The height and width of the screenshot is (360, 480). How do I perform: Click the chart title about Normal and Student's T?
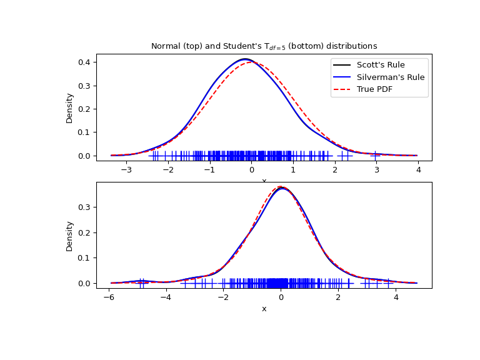tap(264, 46)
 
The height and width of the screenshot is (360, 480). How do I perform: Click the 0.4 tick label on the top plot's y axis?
tap(84, 62)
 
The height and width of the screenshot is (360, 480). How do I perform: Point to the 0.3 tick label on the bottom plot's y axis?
tap(84, 207)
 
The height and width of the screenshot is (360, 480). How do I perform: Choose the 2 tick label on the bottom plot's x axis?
tap(339, 297)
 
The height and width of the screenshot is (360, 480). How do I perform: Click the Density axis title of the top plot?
tap(70, 107)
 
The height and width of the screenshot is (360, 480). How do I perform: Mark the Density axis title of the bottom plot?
tap(70, 236)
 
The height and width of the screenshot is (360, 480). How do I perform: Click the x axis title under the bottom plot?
tap(264, 309)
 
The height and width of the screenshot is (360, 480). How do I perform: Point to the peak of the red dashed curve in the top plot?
tap(252, 62)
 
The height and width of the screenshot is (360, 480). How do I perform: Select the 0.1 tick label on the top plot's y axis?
tap(84, 132)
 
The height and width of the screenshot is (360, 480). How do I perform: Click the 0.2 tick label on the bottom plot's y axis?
tap(84, 232)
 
